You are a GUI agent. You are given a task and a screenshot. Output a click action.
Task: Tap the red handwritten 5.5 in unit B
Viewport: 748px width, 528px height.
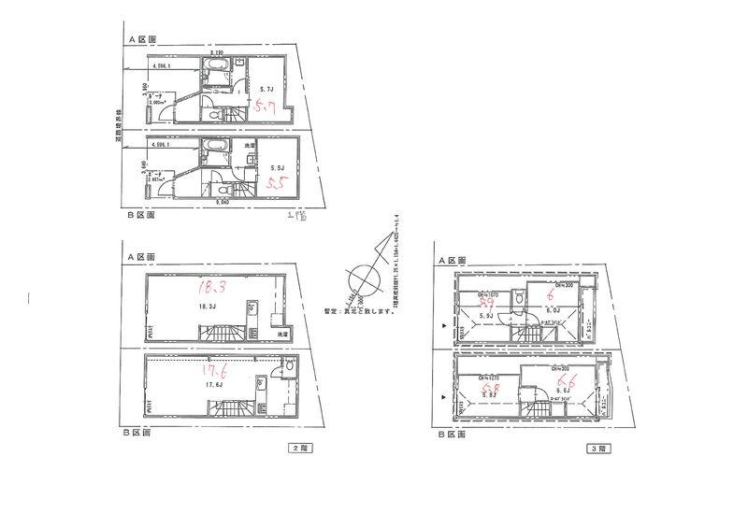(x=276, y=184)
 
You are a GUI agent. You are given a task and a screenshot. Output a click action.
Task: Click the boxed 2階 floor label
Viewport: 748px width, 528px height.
(x=296, y=448)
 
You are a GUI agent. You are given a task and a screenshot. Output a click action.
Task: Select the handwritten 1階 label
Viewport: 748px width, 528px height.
(x=296, y=218)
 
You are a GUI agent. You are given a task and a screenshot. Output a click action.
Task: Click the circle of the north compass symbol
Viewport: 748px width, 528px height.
(x=360, y=281)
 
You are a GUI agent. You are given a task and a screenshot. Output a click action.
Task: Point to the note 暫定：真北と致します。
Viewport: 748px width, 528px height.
(x=360, y=311)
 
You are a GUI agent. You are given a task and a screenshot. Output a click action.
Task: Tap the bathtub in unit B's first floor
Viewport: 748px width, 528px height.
(x=214, y=147)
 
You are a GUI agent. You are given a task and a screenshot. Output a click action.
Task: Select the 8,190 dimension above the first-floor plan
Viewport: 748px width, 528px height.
(x=217, y=54)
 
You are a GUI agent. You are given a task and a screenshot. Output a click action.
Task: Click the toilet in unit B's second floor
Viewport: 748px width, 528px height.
(x=288, y=368)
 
